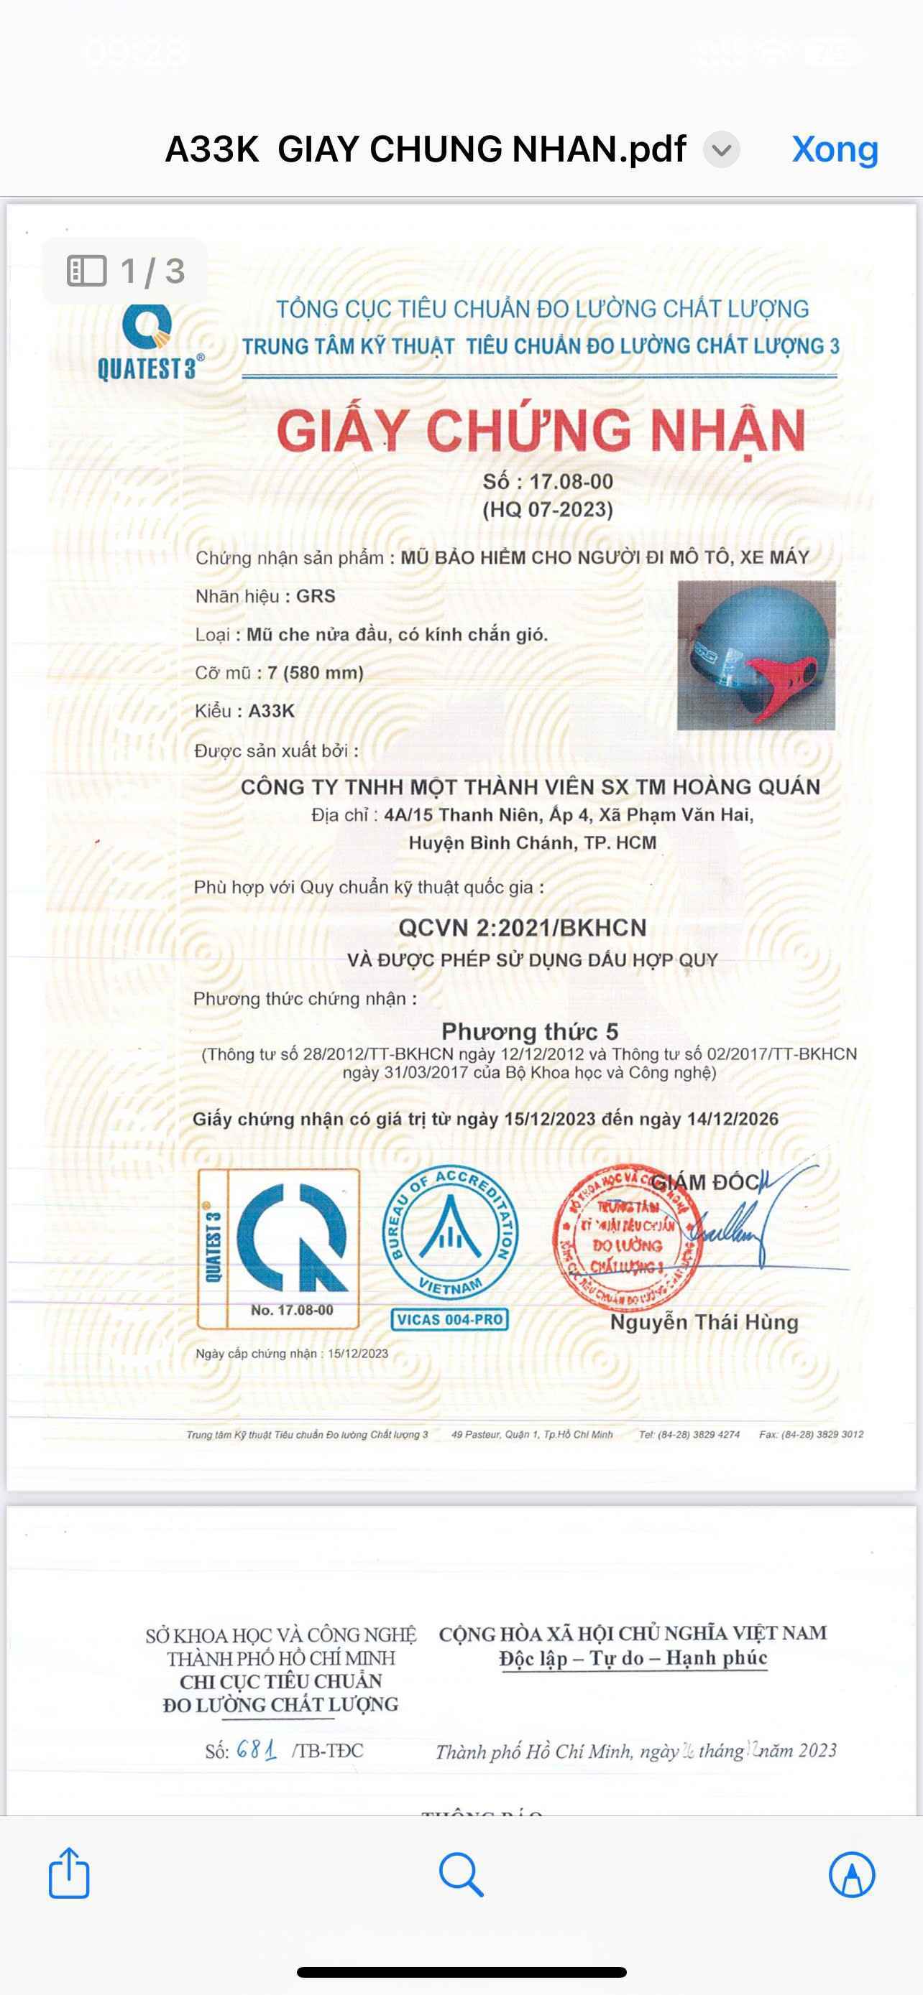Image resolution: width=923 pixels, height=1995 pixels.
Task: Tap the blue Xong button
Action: click(x=835, y=149)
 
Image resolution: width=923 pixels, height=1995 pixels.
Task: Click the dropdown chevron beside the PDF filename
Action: click(x=722, y=150)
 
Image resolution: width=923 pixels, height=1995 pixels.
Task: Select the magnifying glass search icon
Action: click(x=461, y=1874)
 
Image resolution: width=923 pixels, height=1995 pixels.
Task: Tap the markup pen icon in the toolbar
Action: click(x=852, y=1874)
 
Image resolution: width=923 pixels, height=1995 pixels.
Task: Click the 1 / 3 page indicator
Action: click(x=126, y=271)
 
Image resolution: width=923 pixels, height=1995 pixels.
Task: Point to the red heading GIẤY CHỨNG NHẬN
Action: click(x=541, y=431)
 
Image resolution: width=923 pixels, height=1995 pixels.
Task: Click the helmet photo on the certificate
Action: click(x=756, y=655)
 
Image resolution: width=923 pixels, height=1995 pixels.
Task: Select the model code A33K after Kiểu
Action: click(x=271, y=711)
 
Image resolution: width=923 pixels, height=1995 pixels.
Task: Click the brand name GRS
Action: click(x=316, y=596)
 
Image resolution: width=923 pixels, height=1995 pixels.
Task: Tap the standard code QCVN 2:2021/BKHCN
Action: click(x=522, y=928)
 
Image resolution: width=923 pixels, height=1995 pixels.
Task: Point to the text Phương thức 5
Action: click(x=529, y=1031)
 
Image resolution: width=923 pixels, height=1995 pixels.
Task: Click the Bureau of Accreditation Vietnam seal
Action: click(x=450, y=1232)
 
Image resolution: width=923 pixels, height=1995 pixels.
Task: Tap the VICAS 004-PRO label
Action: click(x=450, y=1320)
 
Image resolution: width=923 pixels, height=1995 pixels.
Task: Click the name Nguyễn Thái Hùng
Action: click(x=704, y=1322)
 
